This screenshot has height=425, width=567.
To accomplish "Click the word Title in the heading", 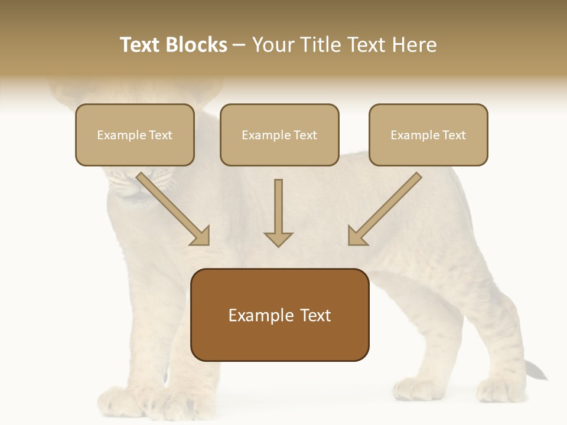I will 319,45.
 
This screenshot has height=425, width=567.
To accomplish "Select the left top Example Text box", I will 135,135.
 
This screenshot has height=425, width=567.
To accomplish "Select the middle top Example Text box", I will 279,135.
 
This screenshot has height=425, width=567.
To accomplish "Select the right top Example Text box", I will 428,135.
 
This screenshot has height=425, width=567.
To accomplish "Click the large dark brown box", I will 280,315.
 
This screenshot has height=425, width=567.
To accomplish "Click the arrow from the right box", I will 384,209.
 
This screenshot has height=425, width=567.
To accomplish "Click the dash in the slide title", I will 239,45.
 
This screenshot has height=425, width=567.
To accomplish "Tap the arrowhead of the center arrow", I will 278,239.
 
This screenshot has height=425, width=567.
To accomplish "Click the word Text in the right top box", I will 454,135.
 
